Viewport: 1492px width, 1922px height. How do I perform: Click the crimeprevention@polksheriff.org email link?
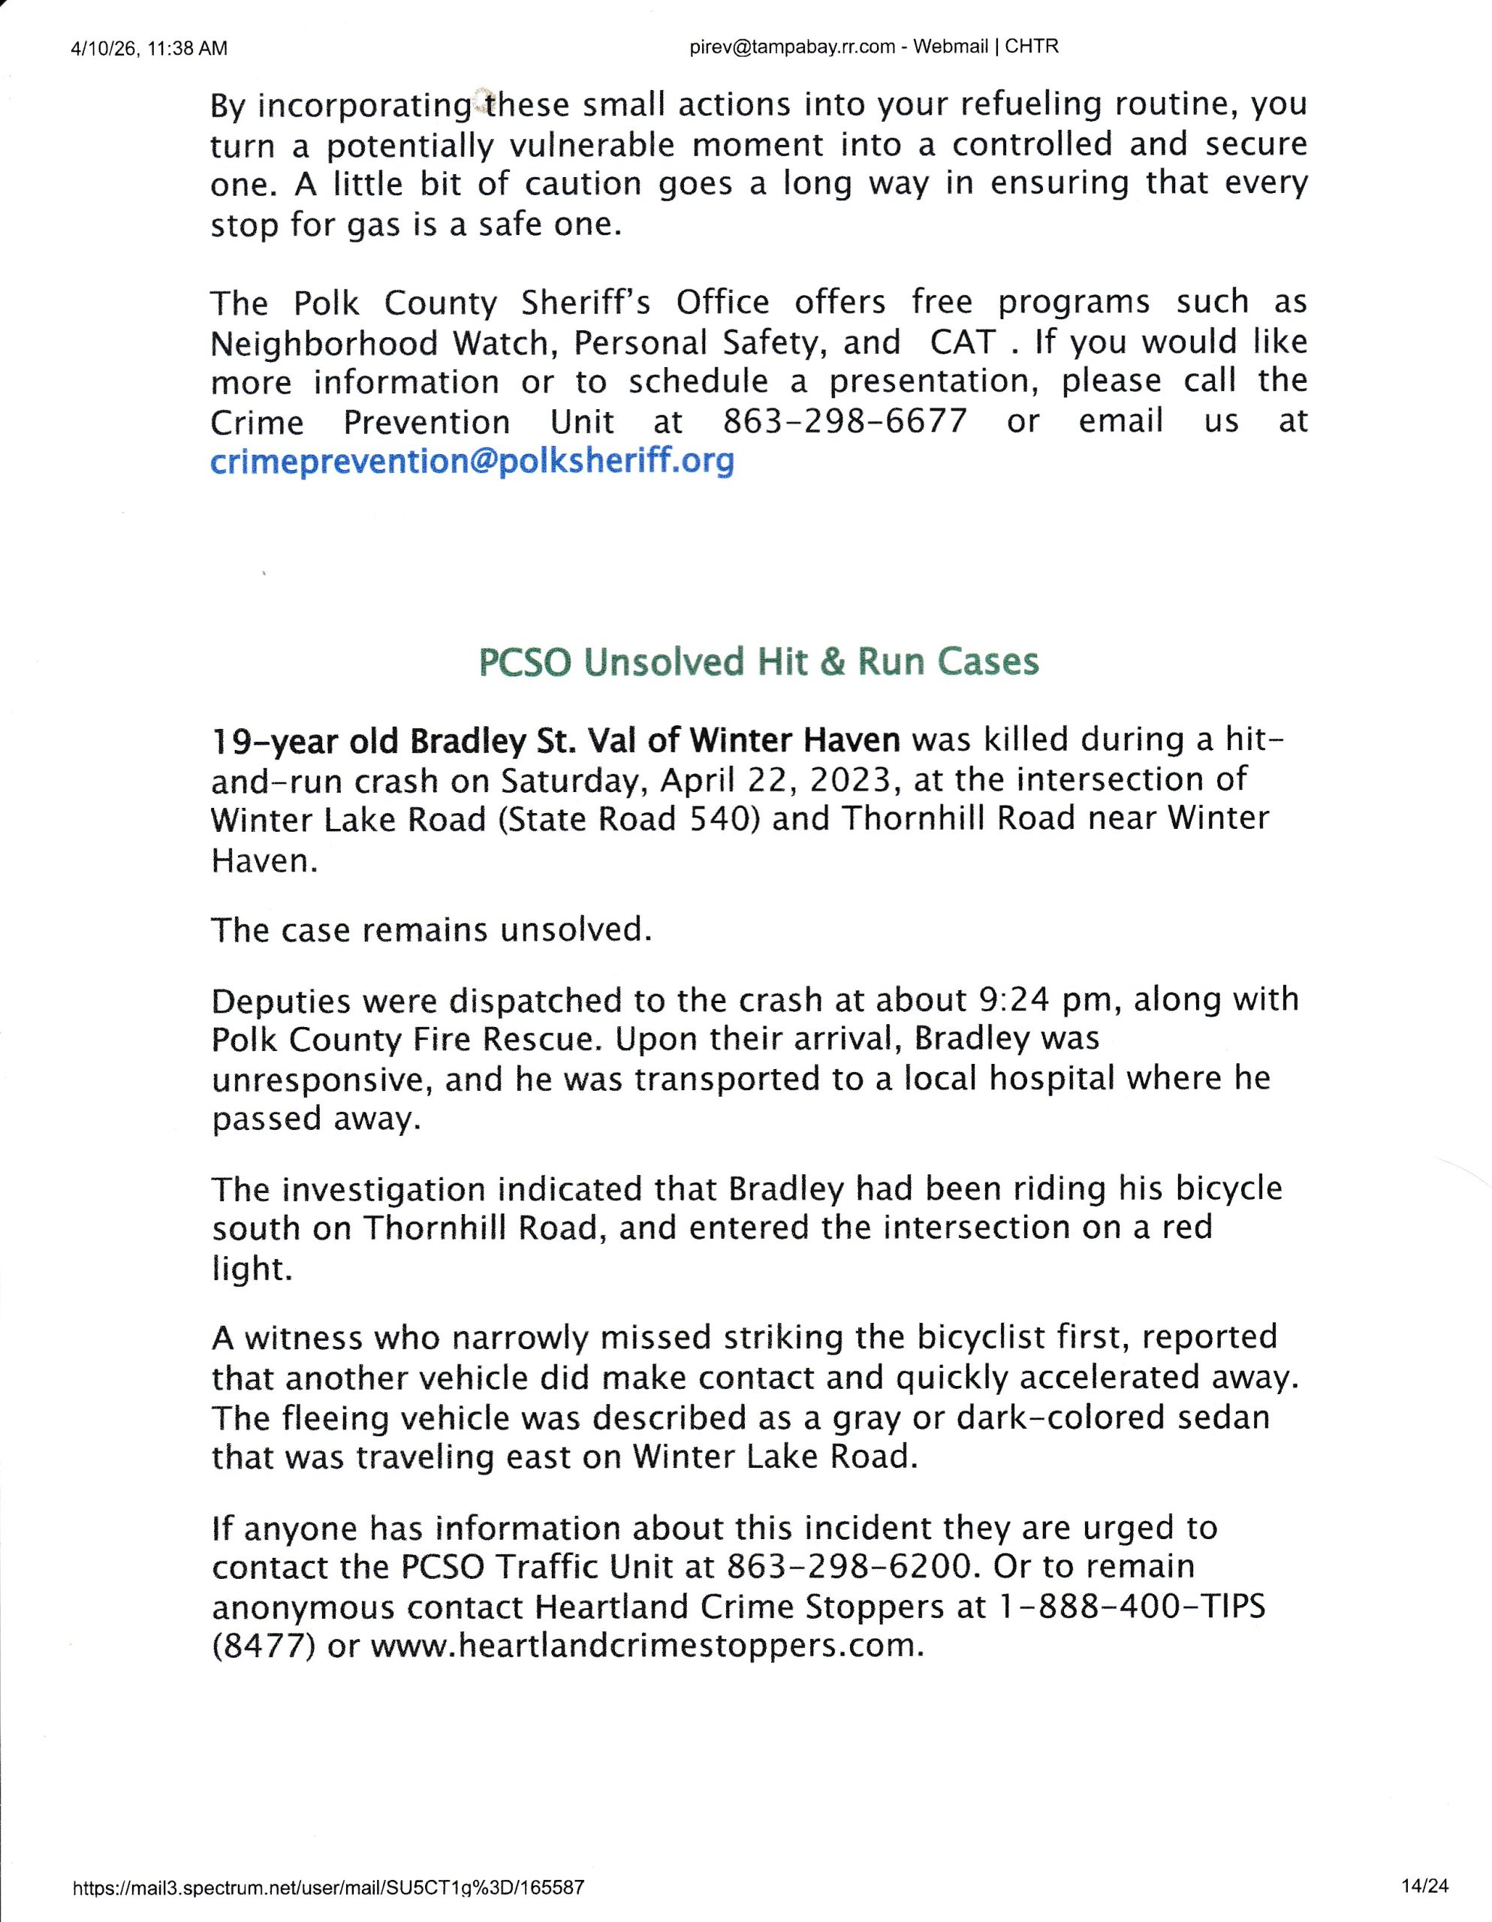[x=472, y=461]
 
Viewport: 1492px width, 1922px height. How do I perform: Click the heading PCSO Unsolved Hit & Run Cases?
[x=758, y=661]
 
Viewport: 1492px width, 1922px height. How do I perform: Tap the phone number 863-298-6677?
[x=844, y=421]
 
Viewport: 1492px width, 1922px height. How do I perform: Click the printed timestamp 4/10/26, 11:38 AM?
[x=148, y=48]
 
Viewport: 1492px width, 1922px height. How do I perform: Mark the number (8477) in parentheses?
[x=264, y=1646]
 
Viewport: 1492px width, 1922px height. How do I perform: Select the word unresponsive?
[x=321, y=1080]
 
